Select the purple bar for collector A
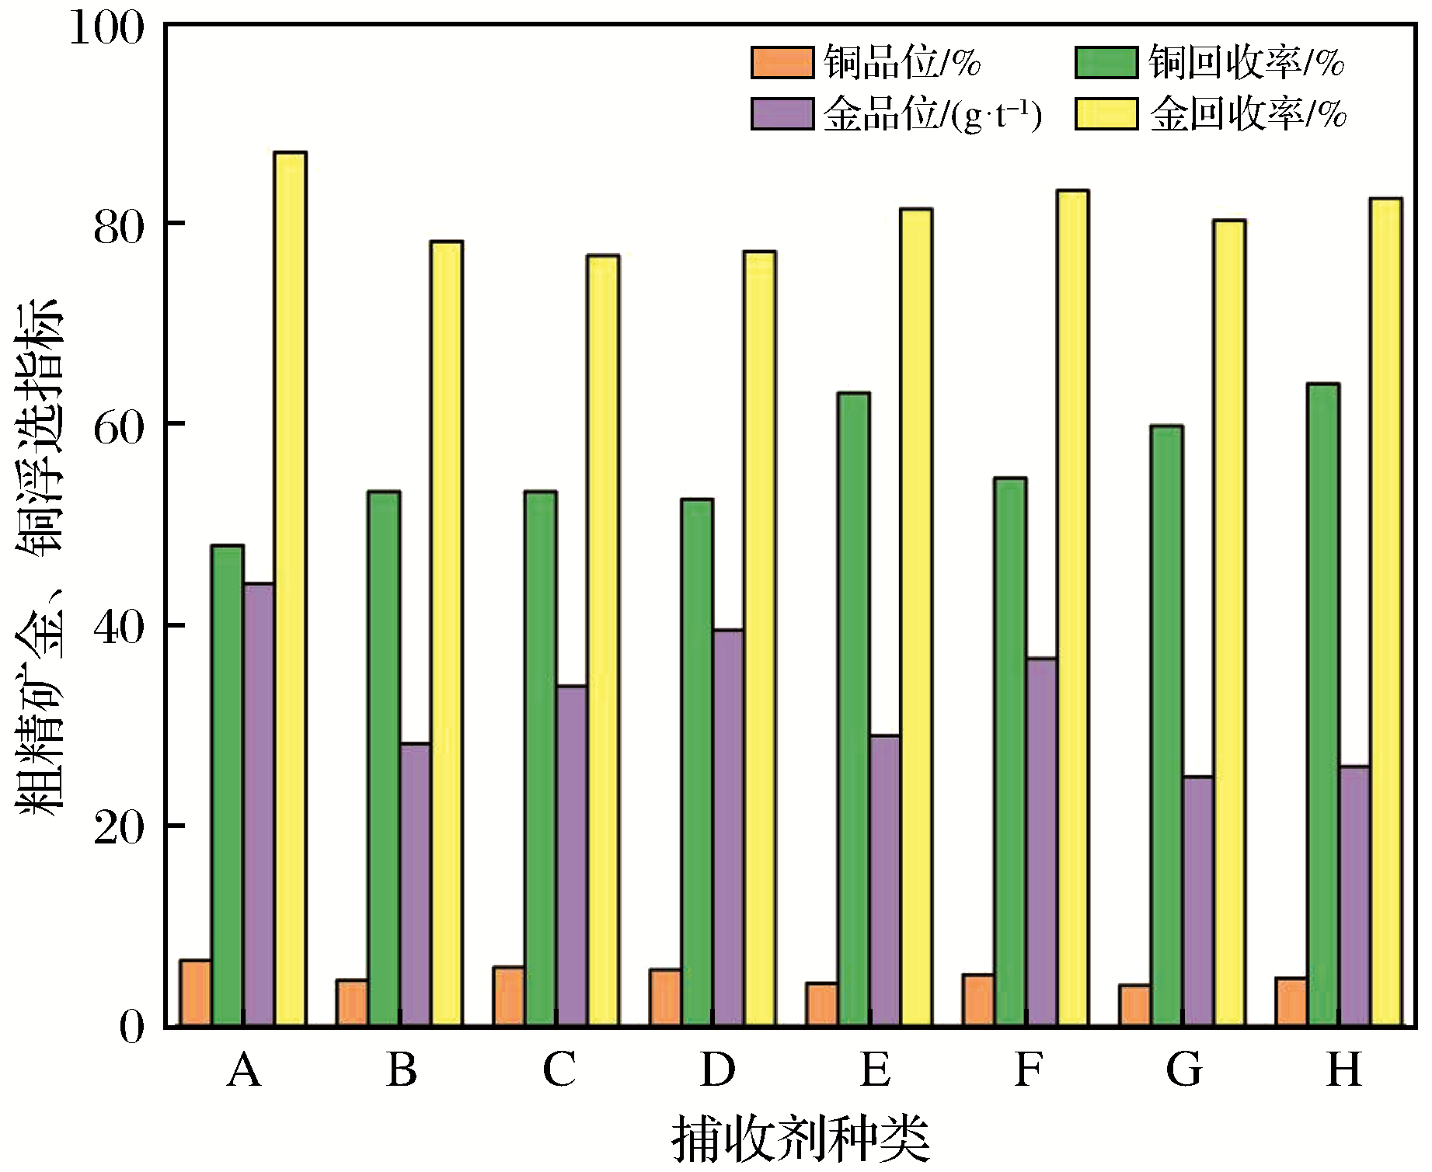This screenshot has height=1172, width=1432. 259,804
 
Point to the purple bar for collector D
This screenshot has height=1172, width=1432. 728,827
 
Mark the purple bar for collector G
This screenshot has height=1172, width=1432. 1197,901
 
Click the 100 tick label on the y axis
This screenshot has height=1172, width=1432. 107,30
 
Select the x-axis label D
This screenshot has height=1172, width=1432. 717,1069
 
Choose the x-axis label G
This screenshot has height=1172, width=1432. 1185,1069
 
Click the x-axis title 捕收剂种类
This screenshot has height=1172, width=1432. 801,1139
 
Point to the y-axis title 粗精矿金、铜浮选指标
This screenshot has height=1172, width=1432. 39,555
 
